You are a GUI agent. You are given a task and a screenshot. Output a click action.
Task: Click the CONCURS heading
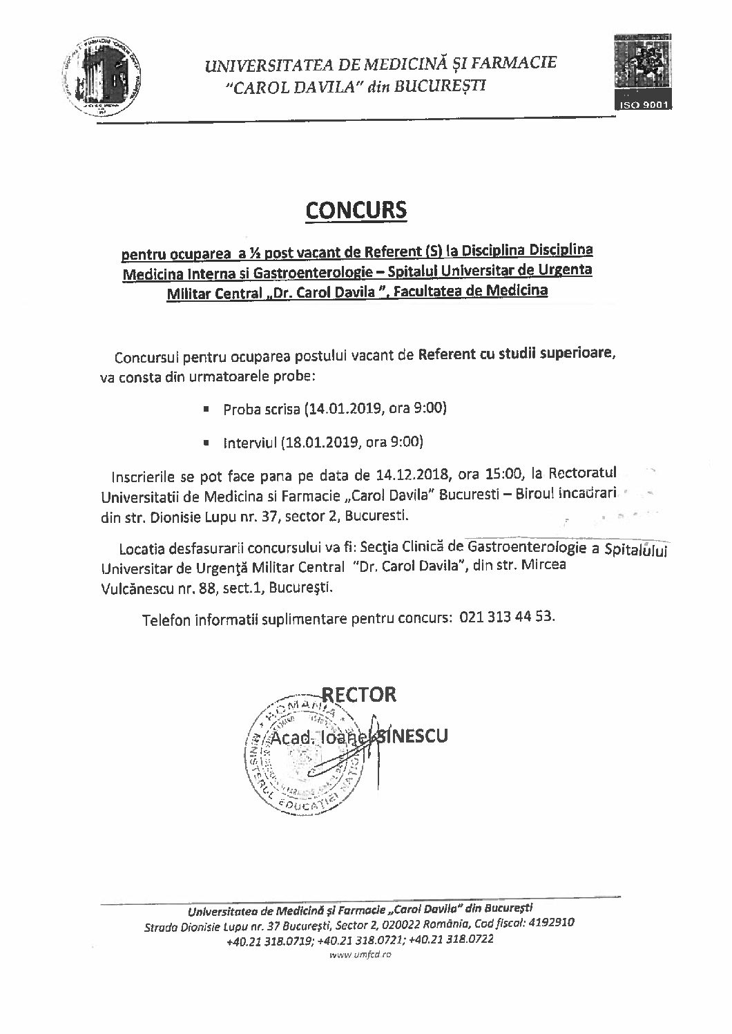coord(358,209)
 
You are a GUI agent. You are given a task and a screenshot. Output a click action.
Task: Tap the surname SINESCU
coord(410,736)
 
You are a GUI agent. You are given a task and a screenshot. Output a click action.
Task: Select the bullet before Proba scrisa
coord(206,409)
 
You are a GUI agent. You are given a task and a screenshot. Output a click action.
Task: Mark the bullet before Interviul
coord(206,441)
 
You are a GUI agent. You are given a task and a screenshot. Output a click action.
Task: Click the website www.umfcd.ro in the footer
coord(360,955)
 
